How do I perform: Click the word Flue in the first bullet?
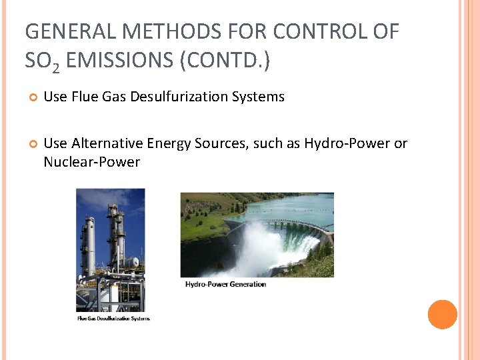[x=86, y=97]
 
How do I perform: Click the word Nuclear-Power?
[x=92, y=162]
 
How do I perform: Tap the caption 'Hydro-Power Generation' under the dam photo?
[x=225, y=285]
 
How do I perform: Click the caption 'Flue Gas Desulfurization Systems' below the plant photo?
[x=113, y=319]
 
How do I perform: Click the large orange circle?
[x=442, y=315]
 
